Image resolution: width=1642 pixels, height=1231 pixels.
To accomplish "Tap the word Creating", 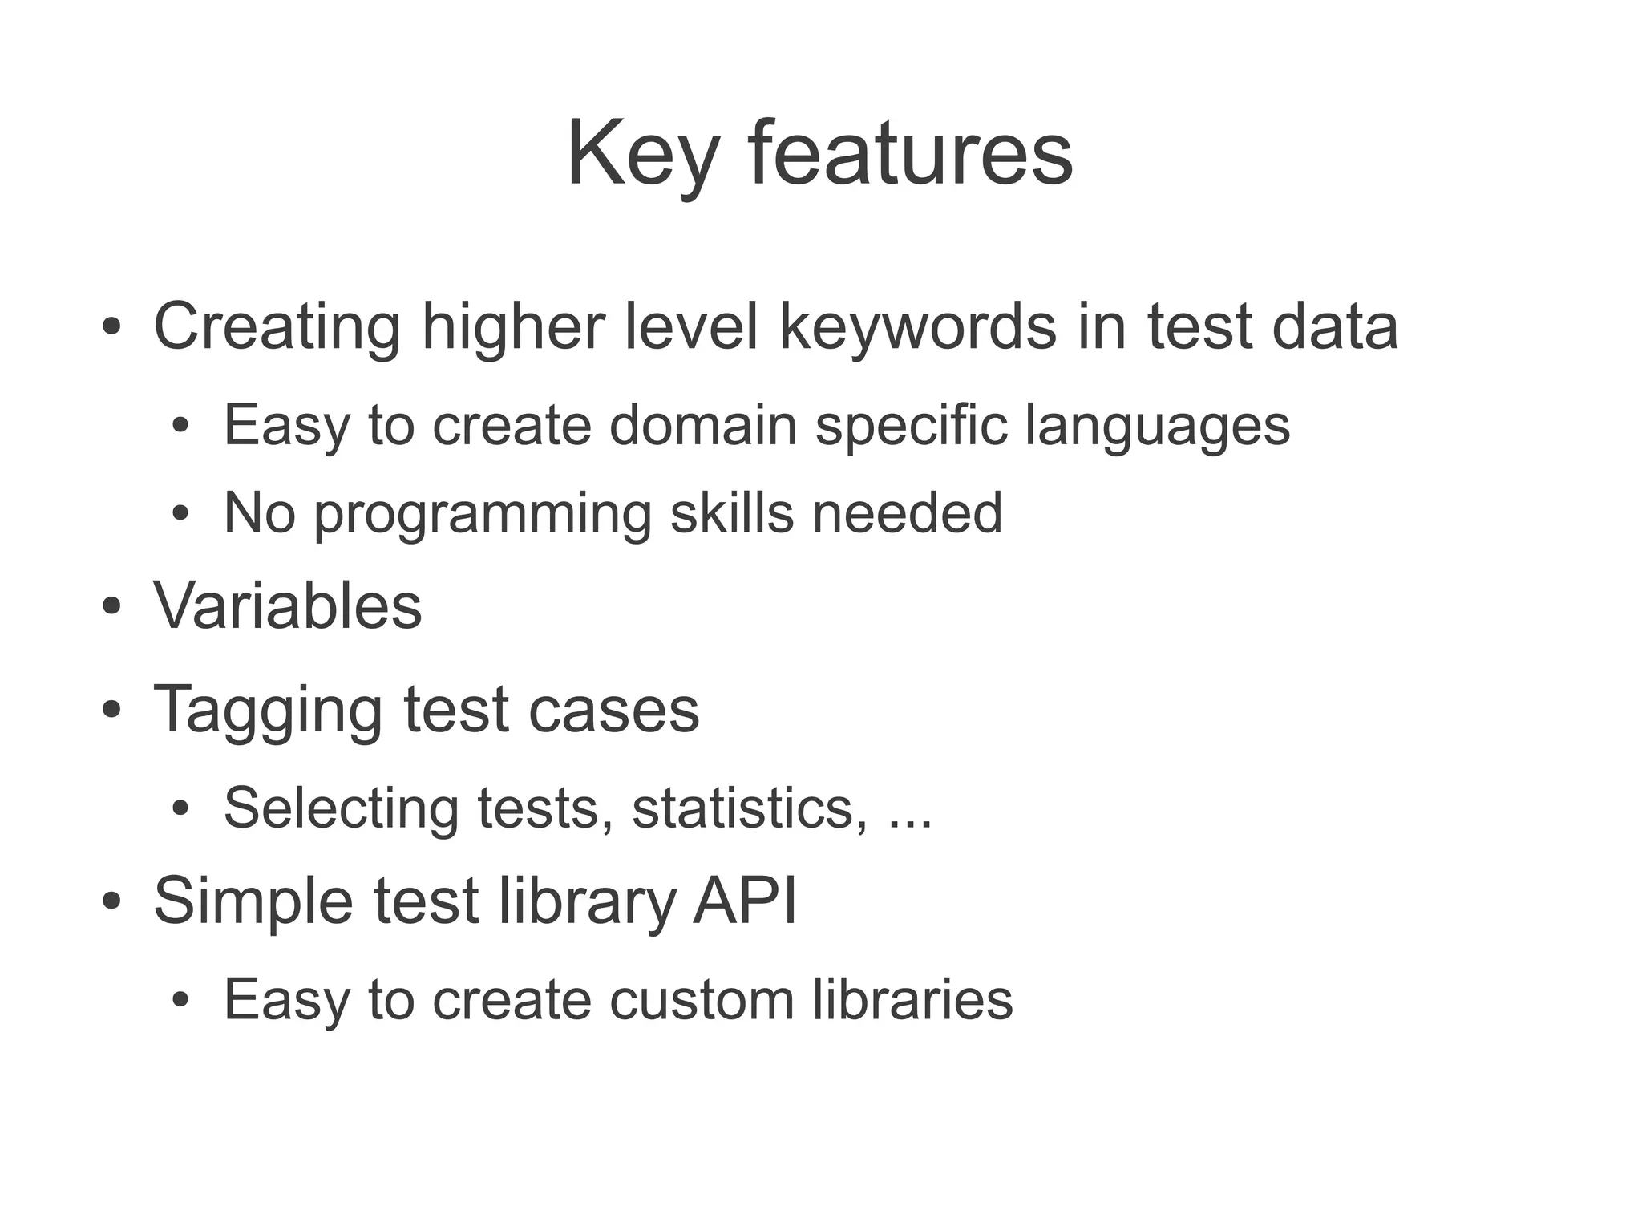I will click(277, 326).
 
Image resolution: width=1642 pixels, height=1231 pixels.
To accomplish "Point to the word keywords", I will click(918, 326).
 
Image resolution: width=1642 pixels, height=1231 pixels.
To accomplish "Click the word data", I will click(1335, 326).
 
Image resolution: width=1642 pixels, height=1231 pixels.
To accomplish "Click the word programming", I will click(482, 514).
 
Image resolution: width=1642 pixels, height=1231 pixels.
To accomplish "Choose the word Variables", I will click(288, 605).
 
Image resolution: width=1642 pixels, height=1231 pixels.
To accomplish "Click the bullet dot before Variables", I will click(111, 607).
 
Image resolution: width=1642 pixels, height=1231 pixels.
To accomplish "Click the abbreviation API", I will click(745, 900).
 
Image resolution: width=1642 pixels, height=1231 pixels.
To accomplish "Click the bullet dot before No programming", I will click(180, 513).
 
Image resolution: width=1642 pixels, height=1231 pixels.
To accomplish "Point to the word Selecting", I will click(341, 808).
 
